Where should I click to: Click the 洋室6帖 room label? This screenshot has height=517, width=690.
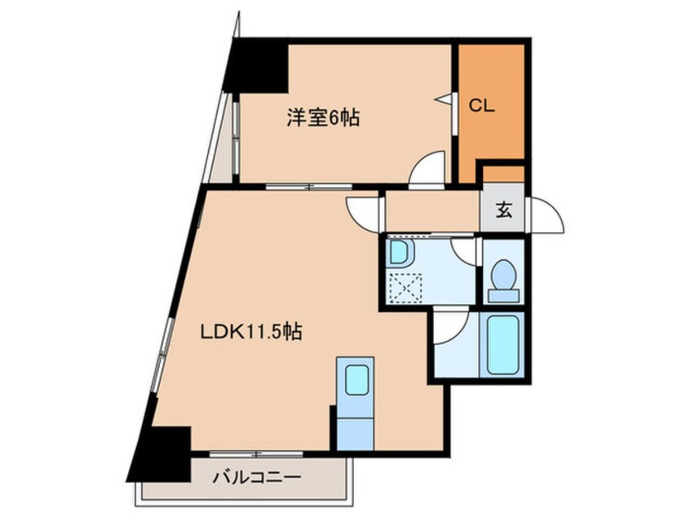click(x=323, y=117)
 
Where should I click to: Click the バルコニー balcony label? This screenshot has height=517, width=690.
click(x=246, y=477)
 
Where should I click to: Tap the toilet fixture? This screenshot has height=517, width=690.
click(x=503, y=279)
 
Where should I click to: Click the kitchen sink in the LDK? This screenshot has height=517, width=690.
click(x=357, y=381)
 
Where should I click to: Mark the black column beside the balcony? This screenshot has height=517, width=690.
click(x=161, y=453)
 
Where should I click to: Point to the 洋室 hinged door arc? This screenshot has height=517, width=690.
click(x=427, y=169)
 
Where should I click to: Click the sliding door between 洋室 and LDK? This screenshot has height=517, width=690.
click(x=302, y=187)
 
